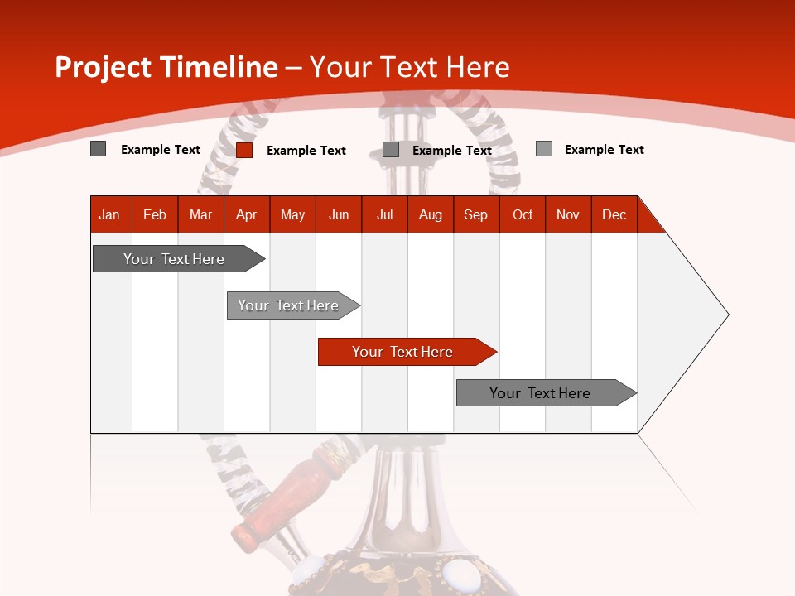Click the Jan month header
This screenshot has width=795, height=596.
click(110, 214)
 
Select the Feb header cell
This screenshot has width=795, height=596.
click(155, 214)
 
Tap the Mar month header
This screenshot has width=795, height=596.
click(200, 214)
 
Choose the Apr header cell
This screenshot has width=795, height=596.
click(247, 214)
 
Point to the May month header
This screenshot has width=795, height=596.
click(292, 214)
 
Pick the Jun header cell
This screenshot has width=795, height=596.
click(339, 214)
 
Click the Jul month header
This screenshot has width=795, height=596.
click(384, 214)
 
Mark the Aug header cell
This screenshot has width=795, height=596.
click(431, 214)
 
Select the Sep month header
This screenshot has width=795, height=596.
click(476, 214)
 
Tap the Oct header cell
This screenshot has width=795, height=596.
click(523, 214)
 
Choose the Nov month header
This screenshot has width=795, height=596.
click(568, 214)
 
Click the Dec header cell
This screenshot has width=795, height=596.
click(614, 214)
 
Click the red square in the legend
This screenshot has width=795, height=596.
click(244, 150)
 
